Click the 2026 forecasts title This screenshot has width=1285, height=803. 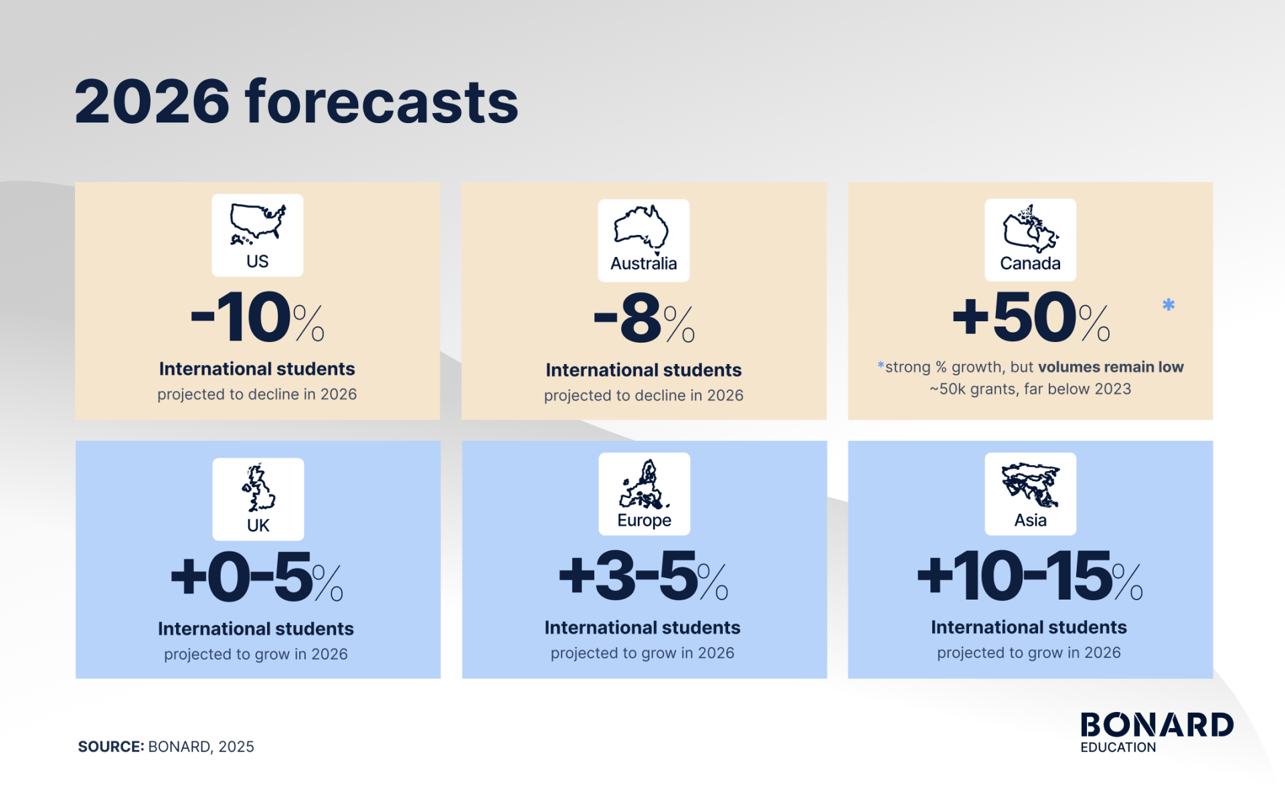click(x=296, y=102)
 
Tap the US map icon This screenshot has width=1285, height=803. click(x=258, y=224)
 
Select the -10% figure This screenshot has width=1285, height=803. click(x=257, y=317)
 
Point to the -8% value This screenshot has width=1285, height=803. click(x=643, y=319)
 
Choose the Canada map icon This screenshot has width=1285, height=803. click(x=1029, y=228)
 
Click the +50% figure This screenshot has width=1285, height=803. click(x=1030, y=317)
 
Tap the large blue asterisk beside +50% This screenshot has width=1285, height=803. click(x=1169, y=305)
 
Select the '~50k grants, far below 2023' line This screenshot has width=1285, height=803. click(x=1030, y=389)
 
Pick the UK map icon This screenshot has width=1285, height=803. click(x=258, y=488)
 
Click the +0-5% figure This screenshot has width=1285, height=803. click(x=257, y=576)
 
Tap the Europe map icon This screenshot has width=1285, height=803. click(x=644, y=484)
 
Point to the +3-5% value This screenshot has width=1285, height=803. click(x=643, y=575)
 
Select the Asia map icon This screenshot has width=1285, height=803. click(x=1030, y=484)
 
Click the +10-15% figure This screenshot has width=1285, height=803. click(x=1029, y=575)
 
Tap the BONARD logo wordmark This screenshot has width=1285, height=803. click(x=1156, y=725)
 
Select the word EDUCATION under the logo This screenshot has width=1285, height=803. click(x=1118, y=747)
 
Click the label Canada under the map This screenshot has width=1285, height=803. click(x=1030, y=264)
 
